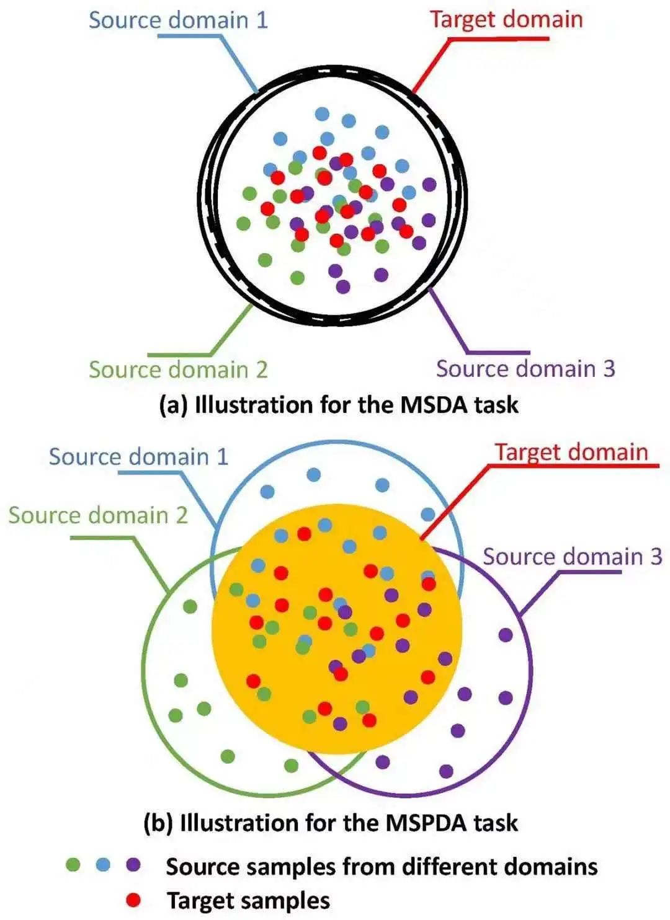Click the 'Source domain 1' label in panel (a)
[x=178, y=19]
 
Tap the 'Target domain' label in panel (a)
[x=506, y=19]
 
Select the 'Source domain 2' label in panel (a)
[x=178, y=369]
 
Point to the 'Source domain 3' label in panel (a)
[x=525, y=368]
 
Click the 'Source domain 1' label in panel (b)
[x=138, y=457]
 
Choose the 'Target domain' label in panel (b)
[x=571, y=452]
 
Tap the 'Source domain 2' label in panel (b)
[x=97, y=515]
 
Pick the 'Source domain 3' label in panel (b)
[x=572, y=557]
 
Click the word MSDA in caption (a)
[x=434, y=405]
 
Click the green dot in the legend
[x=73, y=864]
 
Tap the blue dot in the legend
[x=103, y=864]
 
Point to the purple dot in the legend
[x=133, y=864]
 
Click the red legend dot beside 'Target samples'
[x=133, y=900]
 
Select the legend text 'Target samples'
[x=248, y=900]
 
